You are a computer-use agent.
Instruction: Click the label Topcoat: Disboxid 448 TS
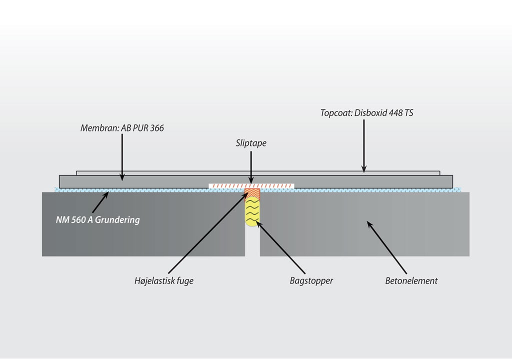[366, 113]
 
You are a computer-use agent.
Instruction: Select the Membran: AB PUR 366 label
[122, 128]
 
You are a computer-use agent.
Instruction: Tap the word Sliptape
[250, 143]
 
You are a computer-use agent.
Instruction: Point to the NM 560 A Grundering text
[97, 219]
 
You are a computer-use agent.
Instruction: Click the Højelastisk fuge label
[160, 281]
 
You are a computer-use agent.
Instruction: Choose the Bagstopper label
[311, 281]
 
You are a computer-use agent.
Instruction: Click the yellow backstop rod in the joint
[252, 212]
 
